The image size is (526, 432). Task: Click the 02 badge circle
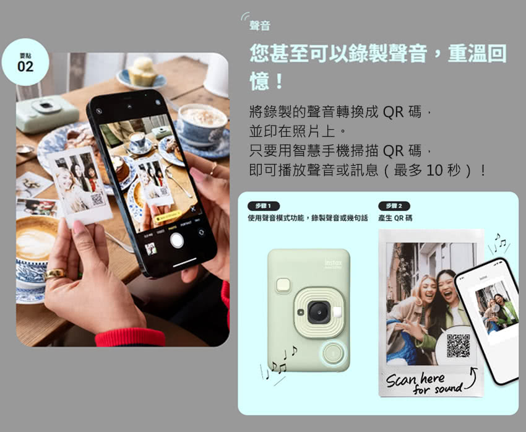click(x=25, y=63)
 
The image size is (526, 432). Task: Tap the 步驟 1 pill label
click(x=263, y=205)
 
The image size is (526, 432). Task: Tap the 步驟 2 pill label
click(x=394, y=205)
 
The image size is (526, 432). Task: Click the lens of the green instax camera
click(x=317, y=311)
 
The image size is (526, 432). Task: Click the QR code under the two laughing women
click(x=458, y=345)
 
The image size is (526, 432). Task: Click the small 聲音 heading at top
click(x=259, y=26)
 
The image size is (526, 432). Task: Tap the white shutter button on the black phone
click(x=177, y=240)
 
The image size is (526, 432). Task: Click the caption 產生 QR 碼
click(x=395, y=218)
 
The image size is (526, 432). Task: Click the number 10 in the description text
click(x=435, y=169)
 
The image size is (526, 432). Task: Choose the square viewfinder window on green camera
click(x=285, y=285)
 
